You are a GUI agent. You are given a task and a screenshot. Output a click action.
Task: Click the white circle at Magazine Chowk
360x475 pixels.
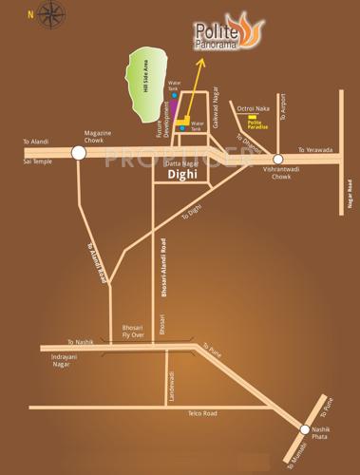tap(79, 151)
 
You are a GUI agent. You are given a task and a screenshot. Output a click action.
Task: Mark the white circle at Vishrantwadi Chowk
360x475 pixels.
tap(277, 160)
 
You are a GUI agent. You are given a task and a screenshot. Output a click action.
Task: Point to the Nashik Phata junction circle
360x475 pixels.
tap(306, 429)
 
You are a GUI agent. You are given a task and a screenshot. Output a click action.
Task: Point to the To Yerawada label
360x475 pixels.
tap(316, 150)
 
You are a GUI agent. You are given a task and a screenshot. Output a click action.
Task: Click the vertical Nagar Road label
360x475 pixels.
tap(350, 197)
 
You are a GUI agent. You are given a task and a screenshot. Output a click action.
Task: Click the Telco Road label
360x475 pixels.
tap(202, 413)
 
